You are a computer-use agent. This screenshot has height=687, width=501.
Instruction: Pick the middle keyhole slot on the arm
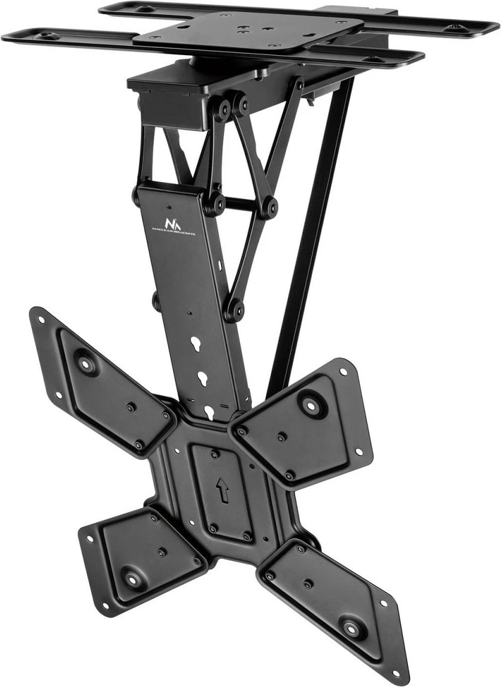[x=202, y=379]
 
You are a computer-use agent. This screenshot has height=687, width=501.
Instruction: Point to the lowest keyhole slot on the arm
[x=209, y=411]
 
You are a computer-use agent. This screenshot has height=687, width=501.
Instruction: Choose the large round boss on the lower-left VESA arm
[x=131, y=578]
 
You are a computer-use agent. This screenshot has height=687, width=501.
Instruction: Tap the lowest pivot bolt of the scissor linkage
[x=234, y=311]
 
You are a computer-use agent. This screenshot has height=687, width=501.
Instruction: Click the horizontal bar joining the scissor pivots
[x=242, y=205]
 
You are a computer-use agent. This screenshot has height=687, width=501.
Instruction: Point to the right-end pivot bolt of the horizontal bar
[x=270, y=207]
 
